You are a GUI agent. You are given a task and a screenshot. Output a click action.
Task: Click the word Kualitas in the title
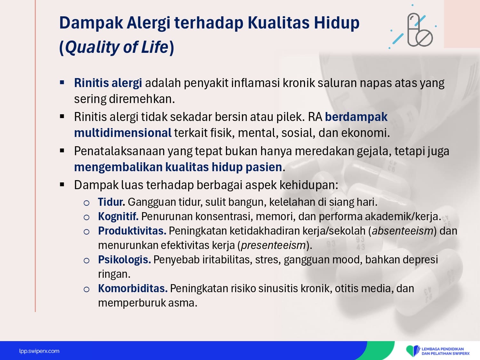(279, 22)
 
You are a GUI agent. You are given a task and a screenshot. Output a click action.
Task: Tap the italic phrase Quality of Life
(117, 47)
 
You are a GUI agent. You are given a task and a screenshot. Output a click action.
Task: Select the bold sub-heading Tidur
(112, 202)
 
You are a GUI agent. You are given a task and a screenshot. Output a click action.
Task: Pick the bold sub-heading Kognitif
(118, 216)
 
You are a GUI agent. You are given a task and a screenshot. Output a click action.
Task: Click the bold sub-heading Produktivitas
(132, 231)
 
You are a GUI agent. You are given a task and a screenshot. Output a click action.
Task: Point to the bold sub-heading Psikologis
(124, 260)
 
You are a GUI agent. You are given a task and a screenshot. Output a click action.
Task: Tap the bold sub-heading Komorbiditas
(133, 289)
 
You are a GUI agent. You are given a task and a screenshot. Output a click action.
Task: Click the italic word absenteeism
(403, 231)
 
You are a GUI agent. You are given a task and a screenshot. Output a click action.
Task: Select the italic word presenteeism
(273, 245)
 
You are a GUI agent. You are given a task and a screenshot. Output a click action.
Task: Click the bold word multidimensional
(123, 133)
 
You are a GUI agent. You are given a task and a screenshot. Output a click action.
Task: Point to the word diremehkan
(142, 99)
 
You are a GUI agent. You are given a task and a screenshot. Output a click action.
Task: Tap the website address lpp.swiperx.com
(39, 351)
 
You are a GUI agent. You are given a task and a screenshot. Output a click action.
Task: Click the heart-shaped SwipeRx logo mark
(412, 351)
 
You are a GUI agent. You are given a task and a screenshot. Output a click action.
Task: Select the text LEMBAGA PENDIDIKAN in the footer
(443, 349)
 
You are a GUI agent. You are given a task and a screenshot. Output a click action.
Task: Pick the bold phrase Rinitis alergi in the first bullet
(108, 83)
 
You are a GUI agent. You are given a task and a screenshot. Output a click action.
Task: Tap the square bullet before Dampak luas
(62, 185)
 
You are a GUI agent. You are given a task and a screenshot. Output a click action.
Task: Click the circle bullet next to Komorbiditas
(86, 289)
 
